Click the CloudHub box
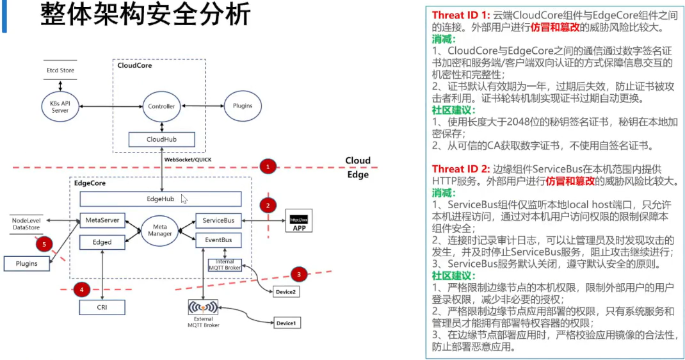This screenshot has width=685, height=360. point(161,140)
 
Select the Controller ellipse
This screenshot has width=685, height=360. point(161,106)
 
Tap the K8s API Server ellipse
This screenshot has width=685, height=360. point(60,106)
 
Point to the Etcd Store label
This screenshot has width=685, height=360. point(60,70)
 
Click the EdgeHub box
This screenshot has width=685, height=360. point(160,199)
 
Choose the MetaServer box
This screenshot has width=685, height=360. point(102,220)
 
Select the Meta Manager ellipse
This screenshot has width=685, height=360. point(160,230)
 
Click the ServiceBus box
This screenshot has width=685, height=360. point(218,220)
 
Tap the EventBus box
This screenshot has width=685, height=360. point(218,240)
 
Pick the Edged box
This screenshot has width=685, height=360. point(102,242)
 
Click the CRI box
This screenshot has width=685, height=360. point(102,307)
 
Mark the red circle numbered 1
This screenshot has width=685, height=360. point(268,167)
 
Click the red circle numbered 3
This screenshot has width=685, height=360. point(299,274)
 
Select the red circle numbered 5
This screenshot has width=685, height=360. point(44,244)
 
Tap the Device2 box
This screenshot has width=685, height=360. point(286,291)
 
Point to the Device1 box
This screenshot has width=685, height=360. point(287,323)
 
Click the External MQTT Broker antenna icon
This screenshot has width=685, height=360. point(203,307)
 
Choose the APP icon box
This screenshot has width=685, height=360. point(299,220)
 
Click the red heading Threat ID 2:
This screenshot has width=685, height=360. point(461,169)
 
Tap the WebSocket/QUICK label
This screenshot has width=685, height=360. point(188,160)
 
